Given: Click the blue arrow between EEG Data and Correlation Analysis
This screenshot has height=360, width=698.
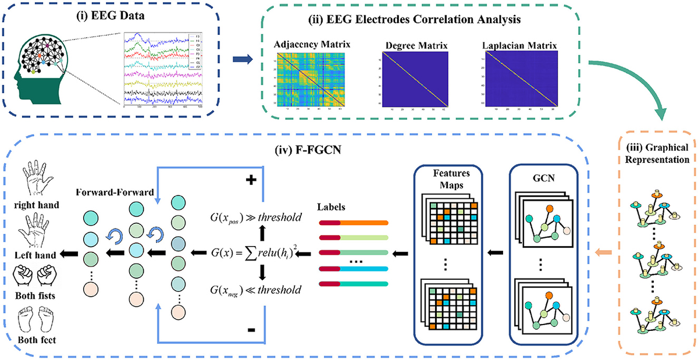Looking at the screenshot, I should pos(243,58).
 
